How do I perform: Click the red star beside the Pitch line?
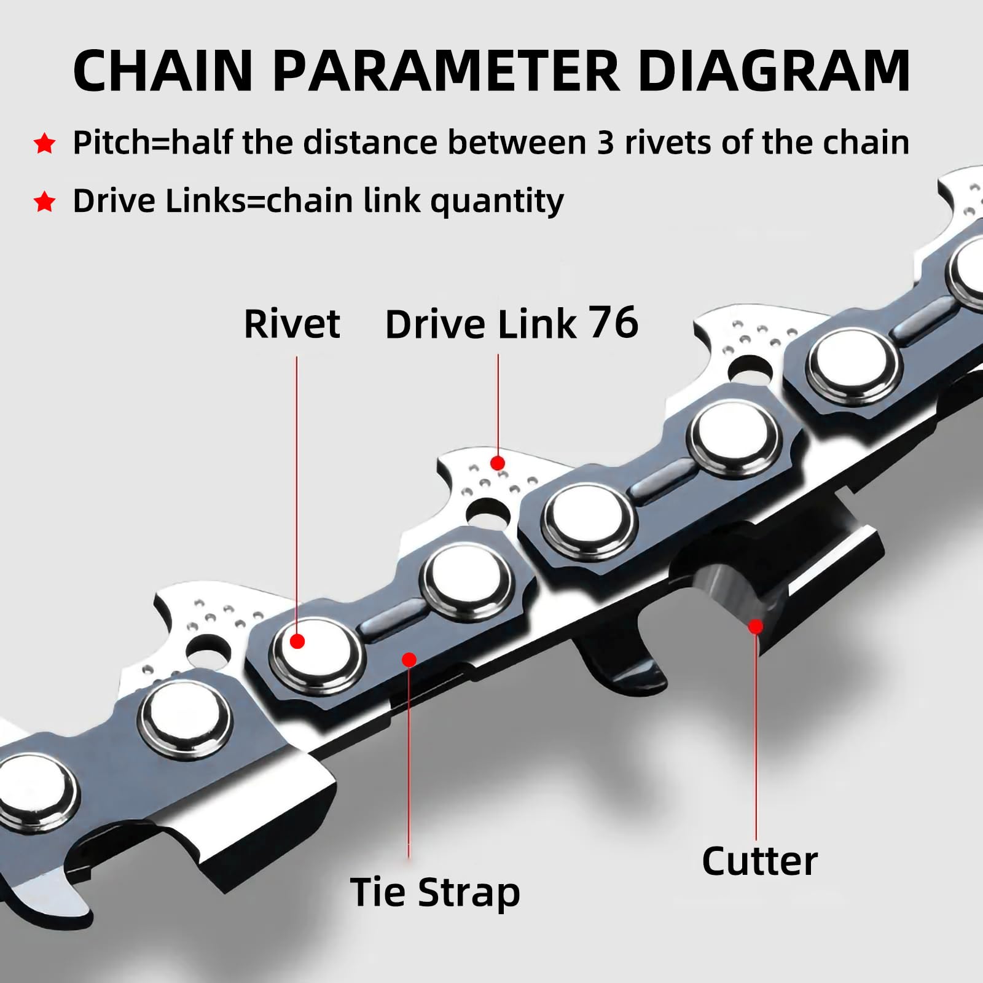45,144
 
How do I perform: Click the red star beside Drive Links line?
45,202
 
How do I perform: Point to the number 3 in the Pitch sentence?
605,143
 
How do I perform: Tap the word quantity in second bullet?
496,202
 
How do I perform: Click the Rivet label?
292,324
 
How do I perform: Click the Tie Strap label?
435,892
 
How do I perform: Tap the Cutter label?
759,861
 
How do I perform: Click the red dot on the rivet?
297,641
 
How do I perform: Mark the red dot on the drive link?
498,463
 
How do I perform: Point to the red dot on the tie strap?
409,660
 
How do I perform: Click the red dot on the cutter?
756,627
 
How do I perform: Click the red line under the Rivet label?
297,491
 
